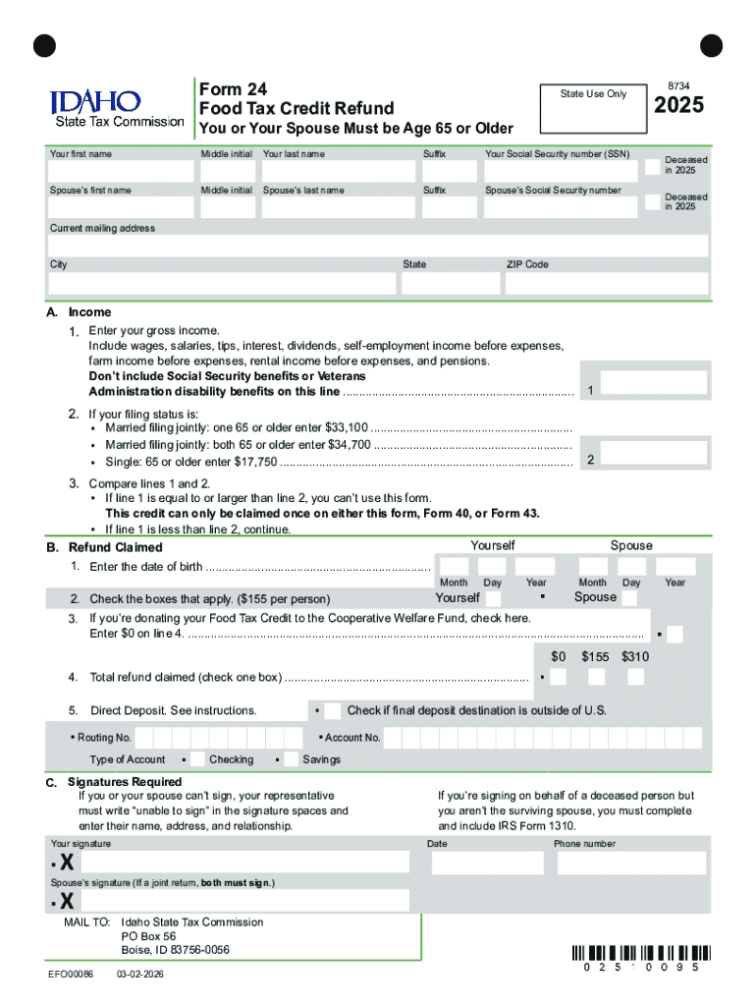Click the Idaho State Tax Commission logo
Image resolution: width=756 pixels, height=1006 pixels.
(116, 108)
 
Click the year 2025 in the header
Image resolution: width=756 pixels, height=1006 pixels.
(678, 105)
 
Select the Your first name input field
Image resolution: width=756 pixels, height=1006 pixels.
(122, 172)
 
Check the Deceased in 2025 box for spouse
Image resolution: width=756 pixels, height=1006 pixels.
(653, 201)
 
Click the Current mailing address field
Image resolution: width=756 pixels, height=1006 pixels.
(378, 246)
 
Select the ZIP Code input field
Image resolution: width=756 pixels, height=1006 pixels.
(606, 283)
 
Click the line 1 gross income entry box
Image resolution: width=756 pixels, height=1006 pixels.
(653, 384)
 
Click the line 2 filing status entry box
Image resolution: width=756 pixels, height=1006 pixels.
(653, 453)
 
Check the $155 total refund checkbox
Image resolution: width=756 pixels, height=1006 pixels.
(596, 678)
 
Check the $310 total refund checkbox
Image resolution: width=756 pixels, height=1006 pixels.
(635, 678)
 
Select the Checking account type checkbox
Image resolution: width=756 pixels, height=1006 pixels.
(197, 759)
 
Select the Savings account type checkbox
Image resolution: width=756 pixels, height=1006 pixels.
(291, 759)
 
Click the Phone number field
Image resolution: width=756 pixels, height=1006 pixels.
(631, 863)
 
